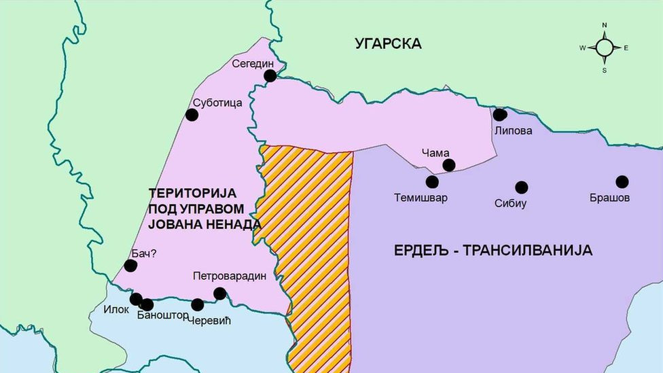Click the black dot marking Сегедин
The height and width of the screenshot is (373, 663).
tap(270, 75)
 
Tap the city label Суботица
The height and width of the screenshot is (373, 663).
tap(217, 104)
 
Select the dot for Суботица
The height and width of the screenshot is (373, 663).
tap(192, 115)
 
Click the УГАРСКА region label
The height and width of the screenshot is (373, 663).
tap(388, 43)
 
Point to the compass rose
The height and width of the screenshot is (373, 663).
tap(604, 48)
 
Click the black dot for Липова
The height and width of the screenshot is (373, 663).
tap(500, 115)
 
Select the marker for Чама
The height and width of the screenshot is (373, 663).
tap(448, 165)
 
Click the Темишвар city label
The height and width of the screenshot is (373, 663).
tap(421, 199)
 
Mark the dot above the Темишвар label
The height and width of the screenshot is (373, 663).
tap(432, 181)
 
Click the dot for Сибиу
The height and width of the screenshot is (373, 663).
tap(521, 188)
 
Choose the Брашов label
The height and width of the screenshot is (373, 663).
tap(610, 198)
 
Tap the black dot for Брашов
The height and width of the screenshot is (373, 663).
tap(622, 181)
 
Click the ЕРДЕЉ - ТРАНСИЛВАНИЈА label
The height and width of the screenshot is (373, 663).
tap(493, 250)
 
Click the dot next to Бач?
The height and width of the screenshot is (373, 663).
tap(130, 266)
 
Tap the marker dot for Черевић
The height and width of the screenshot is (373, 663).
tap(198, 304)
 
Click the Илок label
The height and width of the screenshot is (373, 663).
tap(116, 310)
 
